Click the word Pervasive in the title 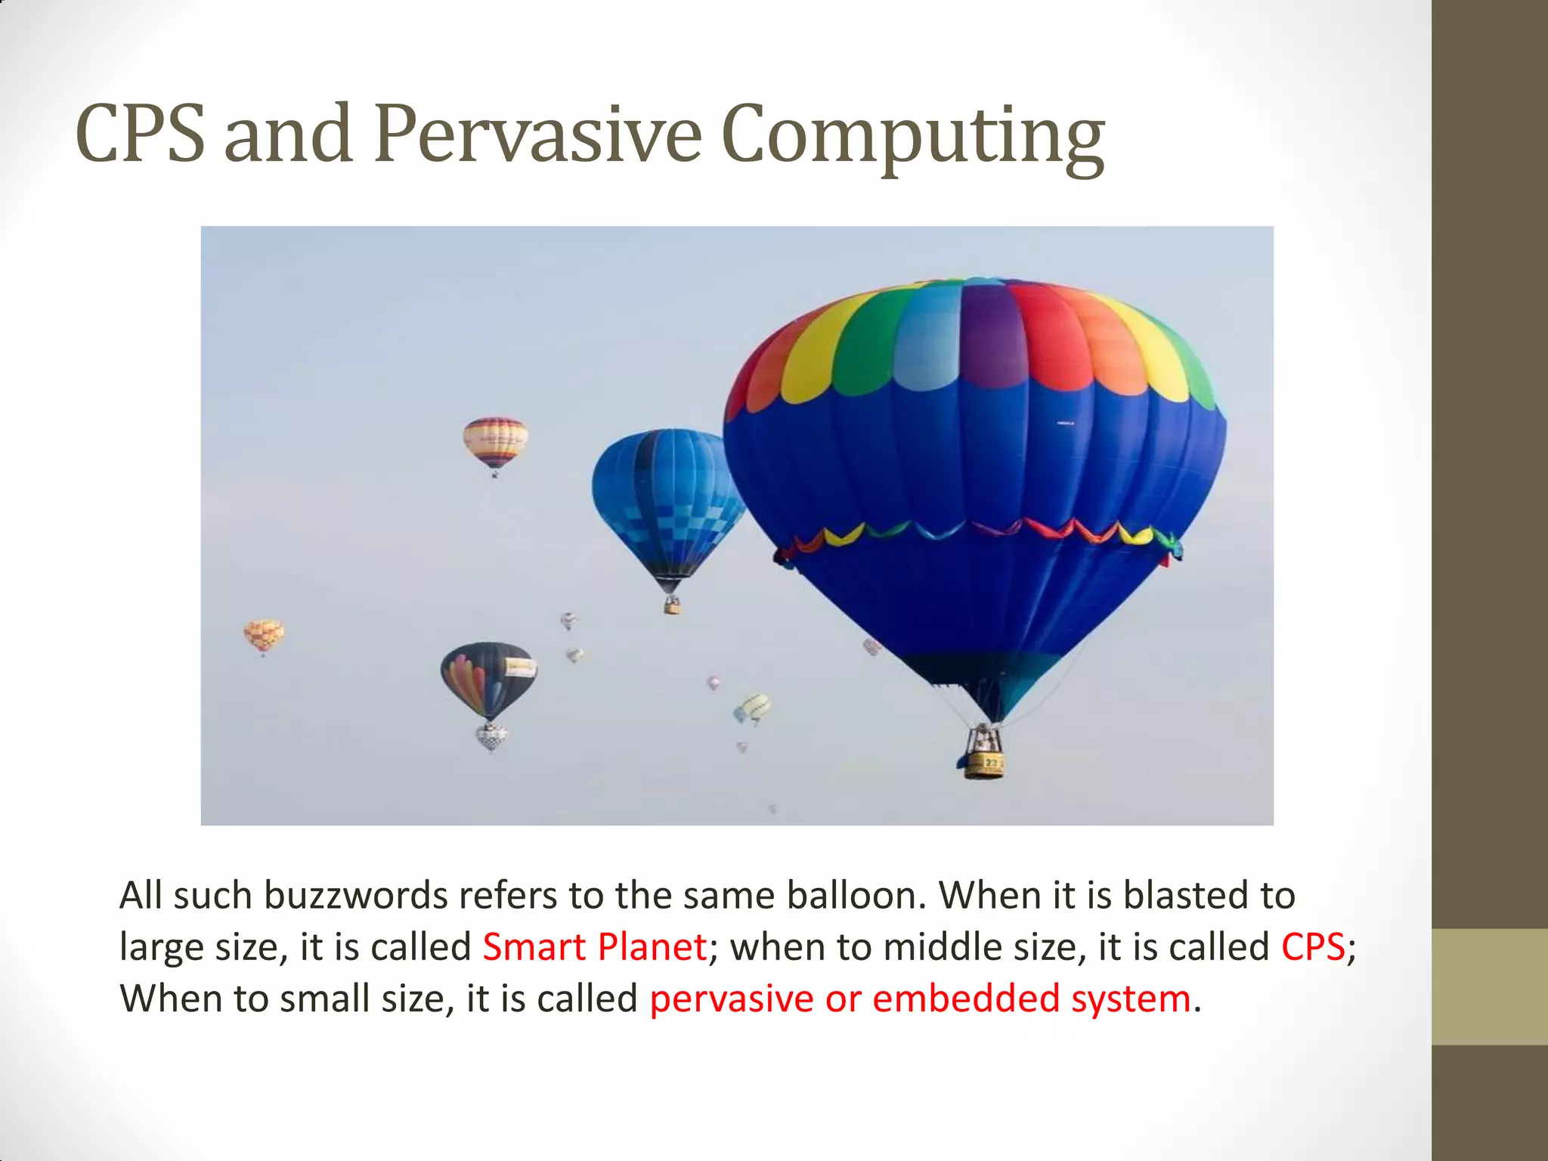pos(537,135)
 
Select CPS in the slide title pos(140,135)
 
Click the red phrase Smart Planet pos(594,947)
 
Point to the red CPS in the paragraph pos(1313,947)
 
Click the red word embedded pos(966,998)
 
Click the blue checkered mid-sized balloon pos(665,499)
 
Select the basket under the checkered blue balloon pos(671,605)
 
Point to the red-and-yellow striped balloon pos(495,441)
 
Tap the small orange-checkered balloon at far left pos(263,634)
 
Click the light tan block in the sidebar pos(1489,986)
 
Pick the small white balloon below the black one pos(491,736)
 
